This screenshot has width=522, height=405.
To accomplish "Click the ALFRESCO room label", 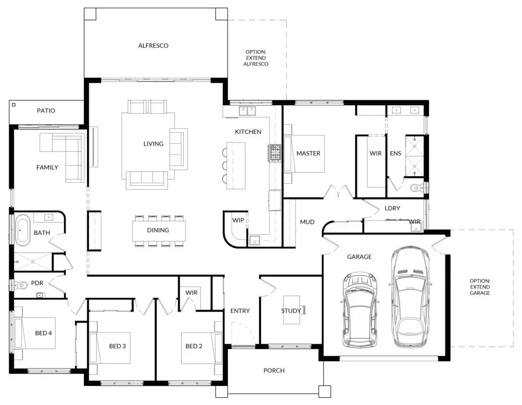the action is tap(153, 45).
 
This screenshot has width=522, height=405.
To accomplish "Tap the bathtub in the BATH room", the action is tap(23, 230).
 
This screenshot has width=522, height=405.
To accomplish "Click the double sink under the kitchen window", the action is tap(247, 111).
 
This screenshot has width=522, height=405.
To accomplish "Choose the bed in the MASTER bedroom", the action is tap(304, 153).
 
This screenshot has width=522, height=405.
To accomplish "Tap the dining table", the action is tap(159, 231).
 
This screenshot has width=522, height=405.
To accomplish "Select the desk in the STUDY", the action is tap(292, 310).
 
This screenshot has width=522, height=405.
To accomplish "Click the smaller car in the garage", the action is tap(359, 309).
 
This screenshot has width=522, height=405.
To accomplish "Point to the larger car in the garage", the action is tap(410, 296).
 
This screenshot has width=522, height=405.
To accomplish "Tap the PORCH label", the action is tap(274, 371).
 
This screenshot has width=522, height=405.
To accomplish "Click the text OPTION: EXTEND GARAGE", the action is tap(480, 287).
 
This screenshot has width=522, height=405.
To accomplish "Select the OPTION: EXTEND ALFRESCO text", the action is tap(256, 58).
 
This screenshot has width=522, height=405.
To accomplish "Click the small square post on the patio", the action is tap(14, 105).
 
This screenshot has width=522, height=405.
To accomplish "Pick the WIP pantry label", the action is tap(238, 220).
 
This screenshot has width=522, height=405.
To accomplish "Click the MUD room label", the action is tap(307, 222).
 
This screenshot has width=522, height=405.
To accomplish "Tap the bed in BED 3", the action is tap(110, 348).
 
